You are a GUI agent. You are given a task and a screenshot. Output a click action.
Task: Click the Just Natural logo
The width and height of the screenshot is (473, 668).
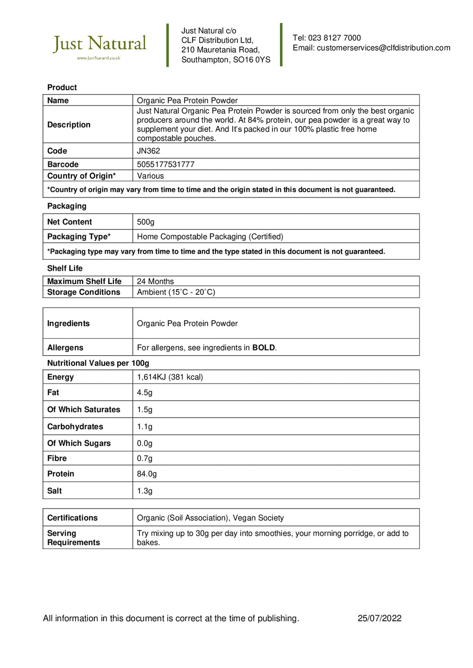(x=100, y=46)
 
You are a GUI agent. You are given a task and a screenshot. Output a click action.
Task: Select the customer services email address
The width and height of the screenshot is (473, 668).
(x=383, y=48)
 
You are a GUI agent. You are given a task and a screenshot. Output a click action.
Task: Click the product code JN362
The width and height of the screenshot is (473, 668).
(x=149, y=151)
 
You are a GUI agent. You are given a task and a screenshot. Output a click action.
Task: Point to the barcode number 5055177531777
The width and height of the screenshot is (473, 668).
(x=166, y=164)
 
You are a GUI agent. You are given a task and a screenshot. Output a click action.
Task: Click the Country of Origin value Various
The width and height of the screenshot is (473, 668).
(x=150, y=176)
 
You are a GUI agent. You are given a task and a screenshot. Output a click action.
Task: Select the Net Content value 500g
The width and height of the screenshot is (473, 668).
(x=146, y=222)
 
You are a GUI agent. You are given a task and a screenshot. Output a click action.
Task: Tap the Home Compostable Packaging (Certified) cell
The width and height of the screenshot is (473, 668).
(x=210, y=237)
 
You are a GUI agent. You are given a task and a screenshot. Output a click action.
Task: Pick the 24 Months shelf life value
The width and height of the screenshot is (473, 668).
(x=155, y=281)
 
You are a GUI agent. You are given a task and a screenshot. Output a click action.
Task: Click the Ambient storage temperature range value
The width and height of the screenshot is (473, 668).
(x=176, y=292)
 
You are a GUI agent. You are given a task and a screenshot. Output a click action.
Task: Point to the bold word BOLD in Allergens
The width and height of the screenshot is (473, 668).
(x=263, y=348)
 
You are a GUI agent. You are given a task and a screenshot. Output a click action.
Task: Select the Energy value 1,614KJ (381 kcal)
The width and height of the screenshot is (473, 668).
(x=170, y=377)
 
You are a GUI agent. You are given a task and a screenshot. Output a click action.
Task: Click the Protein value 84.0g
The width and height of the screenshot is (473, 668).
(x=147, y=474)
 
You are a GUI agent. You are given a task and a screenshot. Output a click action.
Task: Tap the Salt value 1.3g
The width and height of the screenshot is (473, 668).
(x=145, y=491)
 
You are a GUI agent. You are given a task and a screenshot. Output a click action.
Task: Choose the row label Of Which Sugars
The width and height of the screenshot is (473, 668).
(x=79, y=443)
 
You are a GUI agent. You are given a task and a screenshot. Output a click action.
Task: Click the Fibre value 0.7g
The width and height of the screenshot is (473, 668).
(x=145, y=458)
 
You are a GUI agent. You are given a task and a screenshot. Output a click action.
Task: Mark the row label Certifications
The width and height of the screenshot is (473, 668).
(x=72, y=518)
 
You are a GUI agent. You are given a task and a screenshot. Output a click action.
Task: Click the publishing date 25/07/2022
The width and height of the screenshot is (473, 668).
(x=379, y=618)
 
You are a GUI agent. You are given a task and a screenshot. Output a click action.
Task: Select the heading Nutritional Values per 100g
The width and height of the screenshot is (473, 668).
(x=98, y=363)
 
